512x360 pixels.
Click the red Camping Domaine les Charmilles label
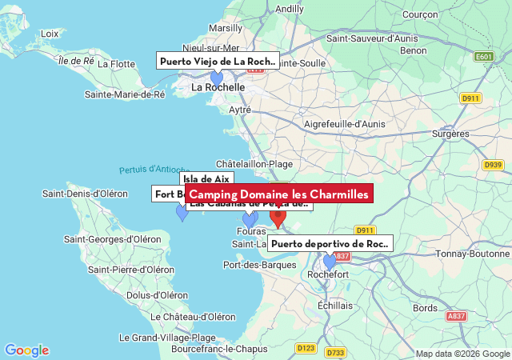278,194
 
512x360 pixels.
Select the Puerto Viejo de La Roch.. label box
217,61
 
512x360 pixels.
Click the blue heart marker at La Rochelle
216,78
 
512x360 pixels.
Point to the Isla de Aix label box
206,179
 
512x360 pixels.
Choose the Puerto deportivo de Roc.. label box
330,244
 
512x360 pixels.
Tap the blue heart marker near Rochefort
329,262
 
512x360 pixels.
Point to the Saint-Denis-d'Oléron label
85,194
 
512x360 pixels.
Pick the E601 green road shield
483,57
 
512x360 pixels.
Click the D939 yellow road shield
493,165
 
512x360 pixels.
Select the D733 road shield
336,352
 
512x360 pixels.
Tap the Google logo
26,350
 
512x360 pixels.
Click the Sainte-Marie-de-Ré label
125,94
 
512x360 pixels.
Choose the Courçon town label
419,14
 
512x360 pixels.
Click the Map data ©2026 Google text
462,354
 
